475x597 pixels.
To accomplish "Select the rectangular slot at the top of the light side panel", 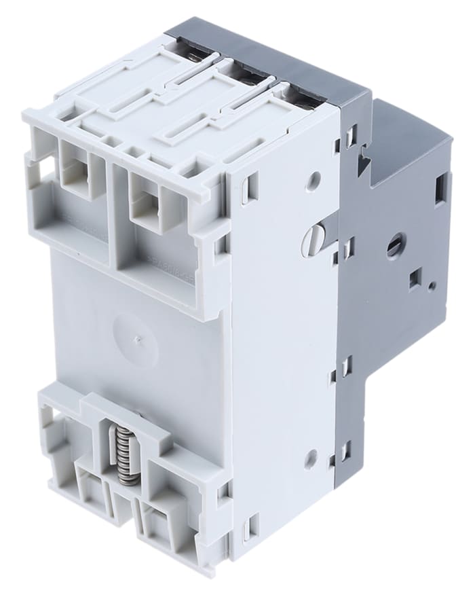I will [250, 186].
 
